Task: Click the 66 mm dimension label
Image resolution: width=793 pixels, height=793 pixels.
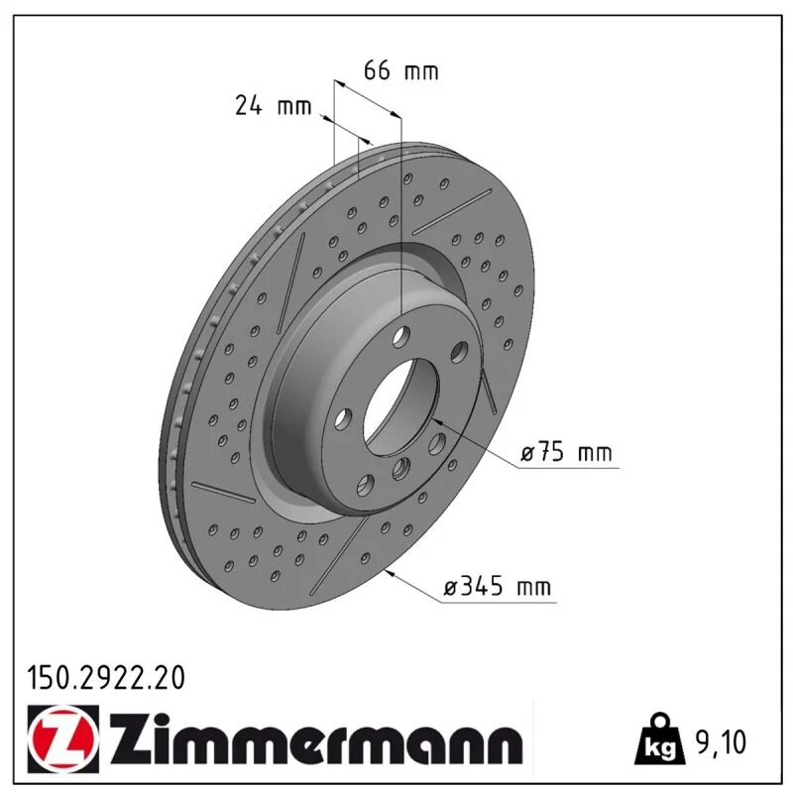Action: pos(400,70)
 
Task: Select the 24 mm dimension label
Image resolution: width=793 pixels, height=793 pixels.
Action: pos(274,106)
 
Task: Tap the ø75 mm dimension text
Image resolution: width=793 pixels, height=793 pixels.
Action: pos(566,452)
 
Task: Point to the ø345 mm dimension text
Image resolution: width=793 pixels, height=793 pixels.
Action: pos(498,587)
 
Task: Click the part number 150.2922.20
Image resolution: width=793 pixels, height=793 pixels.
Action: pos(106,678)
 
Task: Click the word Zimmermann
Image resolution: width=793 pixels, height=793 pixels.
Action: pos(316,739)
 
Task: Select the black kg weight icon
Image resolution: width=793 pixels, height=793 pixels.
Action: pos(659,738)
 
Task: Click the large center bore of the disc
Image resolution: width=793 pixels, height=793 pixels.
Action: pos(401,407)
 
